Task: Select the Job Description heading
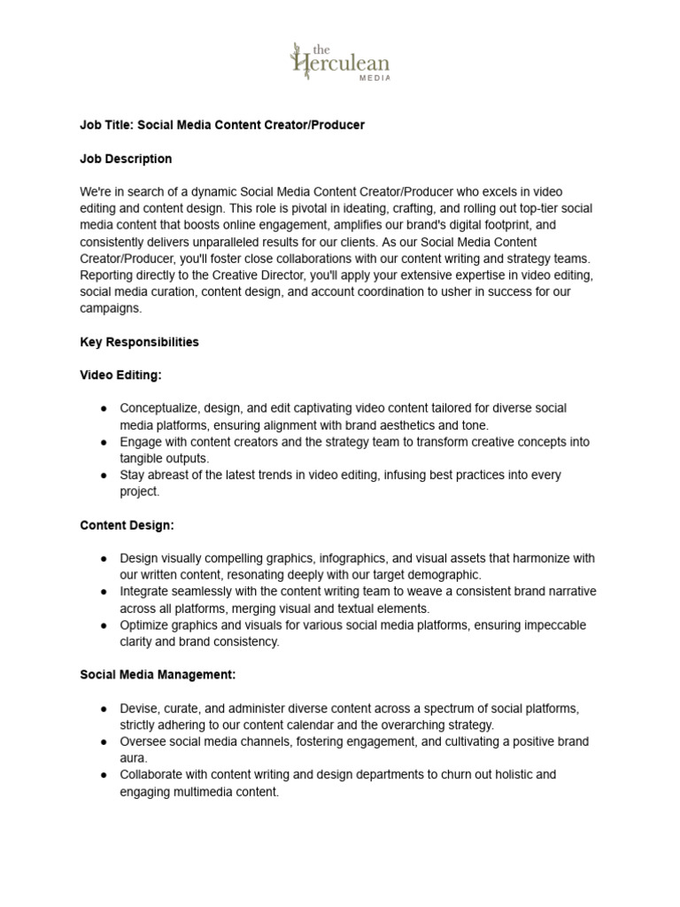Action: pyautogui.click(x=126, y=159)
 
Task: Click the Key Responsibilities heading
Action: pyautogui.click(x=139, y=342)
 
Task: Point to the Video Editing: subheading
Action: pyautogui.click(x=120, y=375)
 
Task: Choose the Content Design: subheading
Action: pyautogui.click(x=127, y=525)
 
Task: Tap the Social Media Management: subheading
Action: pyautogui.click(x=158, y=674)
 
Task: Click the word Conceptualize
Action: pyautogui.click(x=159, y=408)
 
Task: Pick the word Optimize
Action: pyautogui.click(x=143, y=625)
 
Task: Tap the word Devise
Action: pyautogui.click(x=138, y=709)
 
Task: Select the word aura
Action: pyautogui.click(x=133, y=758)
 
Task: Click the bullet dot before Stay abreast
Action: pyautogui.click(x=104, y=476)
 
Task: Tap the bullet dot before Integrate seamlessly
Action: pyautogui.click(x=104, y=592)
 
